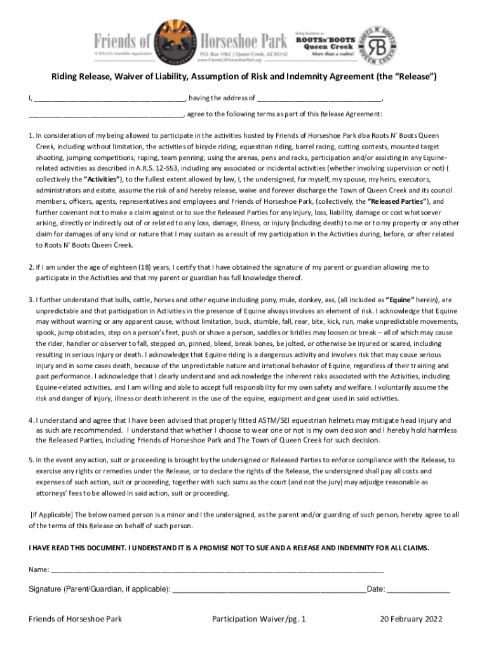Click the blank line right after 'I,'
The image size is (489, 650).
[x=109, y=98]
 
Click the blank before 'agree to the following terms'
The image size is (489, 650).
[x=105, y=114]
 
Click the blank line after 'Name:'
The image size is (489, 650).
[x=217, y=569]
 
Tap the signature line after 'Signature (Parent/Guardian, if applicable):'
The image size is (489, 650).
[x=269, y=589]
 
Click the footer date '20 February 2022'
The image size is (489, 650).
[x=411, y=620]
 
